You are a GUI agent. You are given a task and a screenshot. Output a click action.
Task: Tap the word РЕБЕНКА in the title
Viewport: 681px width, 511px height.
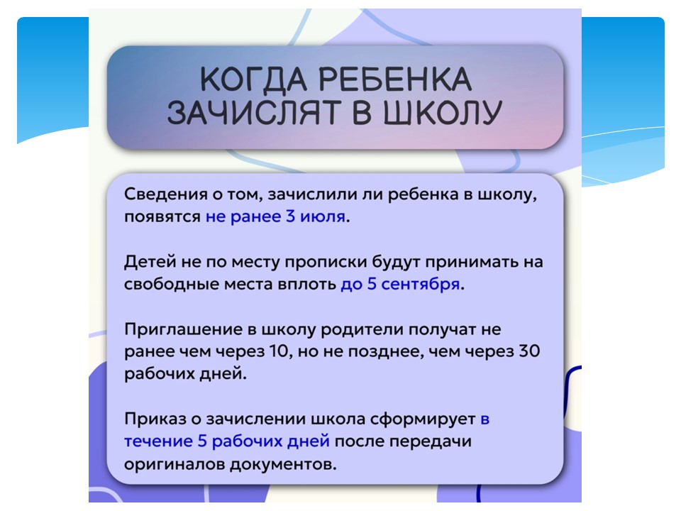click(395, 79)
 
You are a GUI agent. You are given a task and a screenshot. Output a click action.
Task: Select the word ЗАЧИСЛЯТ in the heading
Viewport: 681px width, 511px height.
click(253, 113)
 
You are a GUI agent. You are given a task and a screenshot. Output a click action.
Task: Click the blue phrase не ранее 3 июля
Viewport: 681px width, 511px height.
click(275, 216)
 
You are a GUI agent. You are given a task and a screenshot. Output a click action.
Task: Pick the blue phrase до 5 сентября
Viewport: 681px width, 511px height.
click(400, 284)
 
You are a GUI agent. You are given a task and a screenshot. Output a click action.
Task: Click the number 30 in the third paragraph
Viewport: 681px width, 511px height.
click(529, 351)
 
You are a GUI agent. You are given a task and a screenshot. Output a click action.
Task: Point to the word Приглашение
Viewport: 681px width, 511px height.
click(183, 329)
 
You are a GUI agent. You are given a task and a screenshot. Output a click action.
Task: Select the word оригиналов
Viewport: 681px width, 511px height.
click(175, 464)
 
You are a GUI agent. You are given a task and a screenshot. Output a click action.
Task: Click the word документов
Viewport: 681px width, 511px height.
click(283, 464)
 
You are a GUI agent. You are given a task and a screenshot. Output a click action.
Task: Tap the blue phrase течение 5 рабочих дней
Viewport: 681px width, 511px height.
click(227, 441)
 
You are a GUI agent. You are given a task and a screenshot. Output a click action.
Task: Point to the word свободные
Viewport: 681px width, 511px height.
click(172, 284)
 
